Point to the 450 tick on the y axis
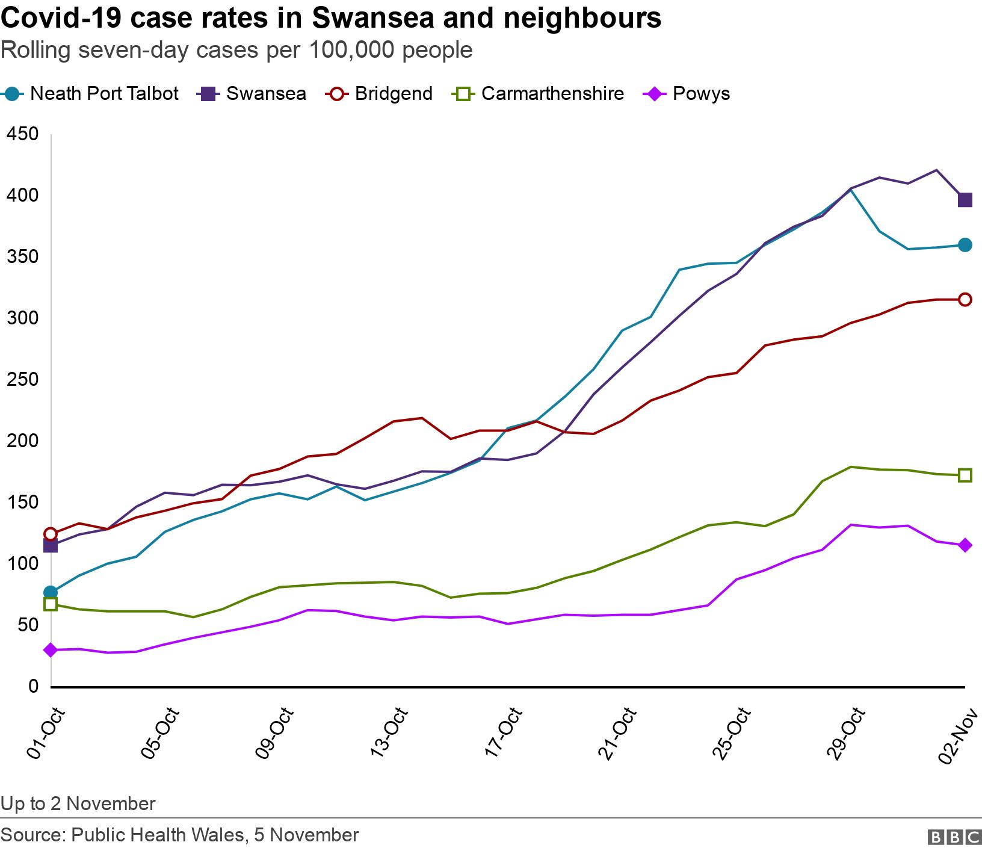[x=21, y=134]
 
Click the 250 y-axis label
[x=21, y=380]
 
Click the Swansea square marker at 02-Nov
[x=965, y=200]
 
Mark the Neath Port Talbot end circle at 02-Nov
[x=965, y=245]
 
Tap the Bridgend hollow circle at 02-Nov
[x=965, y=300]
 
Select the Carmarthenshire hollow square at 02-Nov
[x=965, y=475]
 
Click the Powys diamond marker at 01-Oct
[x=51, y=650]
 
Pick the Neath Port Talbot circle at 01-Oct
[x=51, y=592]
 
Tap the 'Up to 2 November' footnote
[x=78, y=803]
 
